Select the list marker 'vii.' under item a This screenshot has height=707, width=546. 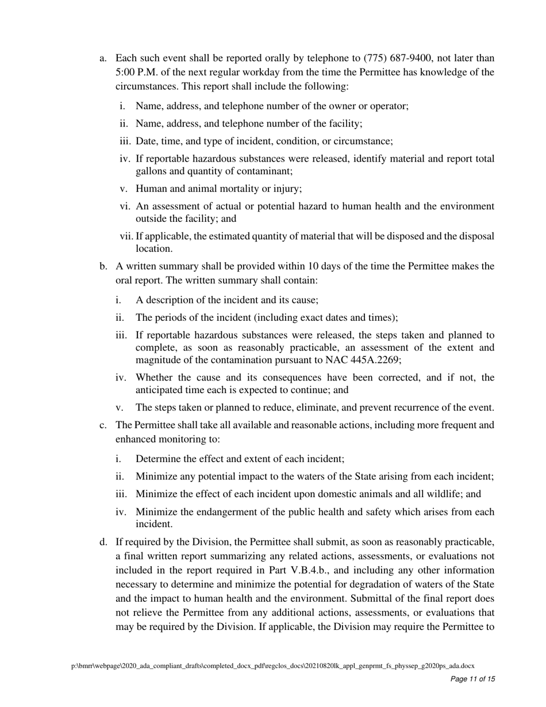[126, 236]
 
